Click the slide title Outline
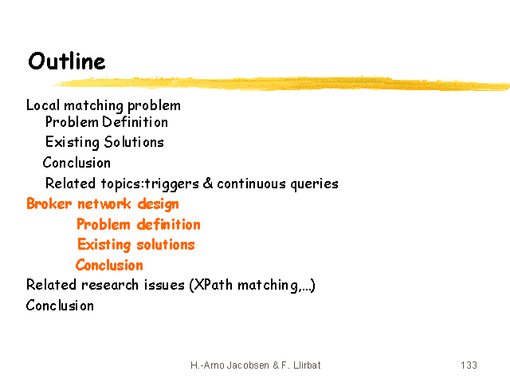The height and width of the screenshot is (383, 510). click(67, 61)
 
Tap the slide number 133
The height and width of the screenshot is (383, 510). click(469, 365)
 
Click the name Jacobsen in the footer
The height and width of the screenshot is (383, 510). click(248, 365)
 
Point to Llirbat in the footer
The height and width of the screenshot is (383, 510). click(307, 365)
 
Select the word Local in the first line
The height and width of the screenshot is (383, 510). click(43, 105)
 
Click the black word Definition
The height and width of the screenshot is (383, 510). click(135, 122)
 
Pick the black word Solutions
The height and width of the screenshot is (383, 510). click(134, 142)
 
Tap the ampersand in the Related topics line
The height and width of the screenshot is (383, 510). click(208, 183)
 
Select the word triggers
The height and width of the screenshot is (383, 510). click(172, 184)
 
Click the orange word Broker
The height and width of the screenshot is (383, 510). click(49, 203)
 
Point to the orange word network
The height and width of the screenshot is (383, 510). click(104, 204)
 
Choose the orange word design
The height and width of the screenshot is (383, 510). click(158, 204)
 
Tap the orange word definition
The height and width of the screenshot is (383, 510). click(168, 224)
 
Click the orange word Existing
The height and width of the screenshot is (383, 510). click(104, 245)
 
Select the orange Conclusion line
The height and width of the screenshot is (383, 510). click(109, 265)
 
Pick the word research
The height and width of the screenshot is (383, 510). click(110, 285)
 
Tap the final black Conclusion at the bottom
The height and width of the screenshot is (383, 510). click(60, 306)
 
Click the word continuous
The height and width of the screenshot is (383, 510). click(252, 184)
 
